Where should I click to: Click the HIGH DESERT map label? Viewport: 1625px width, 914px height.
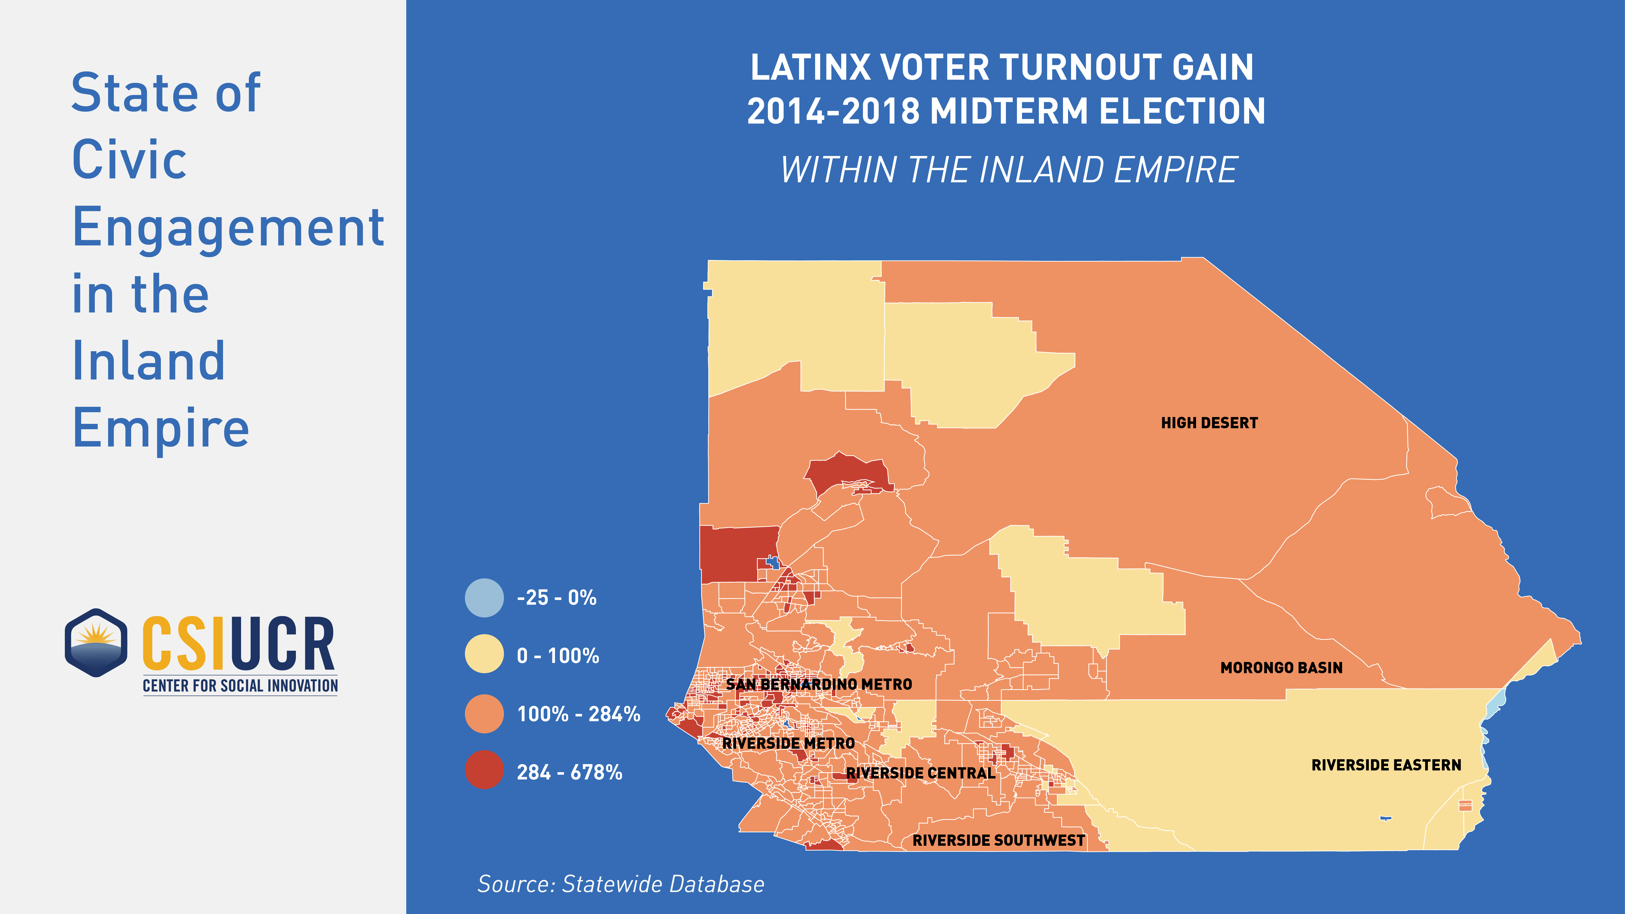[x=1209, y=423]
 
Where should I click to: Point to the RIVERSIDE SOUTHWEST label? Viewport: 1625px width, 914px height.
[x=999, y=840]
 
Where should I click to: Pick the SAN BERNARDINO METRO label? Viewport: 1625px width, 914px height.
[x=819, y=684]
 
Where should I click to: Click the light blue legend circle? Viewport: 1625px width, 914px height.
[x=485, y=597]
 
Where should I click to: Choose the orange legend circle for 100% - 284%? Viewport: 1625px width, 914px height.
[x=485, y=713]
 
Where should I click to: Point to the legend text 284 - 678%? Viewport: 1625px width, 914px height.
[x=570, y=772]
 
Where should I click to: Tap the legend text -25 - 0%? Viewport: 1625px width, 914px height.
[x=556, y=597]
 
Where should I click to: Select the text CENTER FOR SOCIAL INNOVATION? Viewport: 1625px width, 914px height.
[x=240, y=686]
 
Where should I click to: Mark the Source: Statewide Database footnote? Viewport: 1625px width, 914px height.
[x=621, y=884]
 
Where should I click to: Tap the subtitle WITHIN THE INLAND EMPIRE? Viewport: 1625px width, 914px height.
[x=1009, y=170]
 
